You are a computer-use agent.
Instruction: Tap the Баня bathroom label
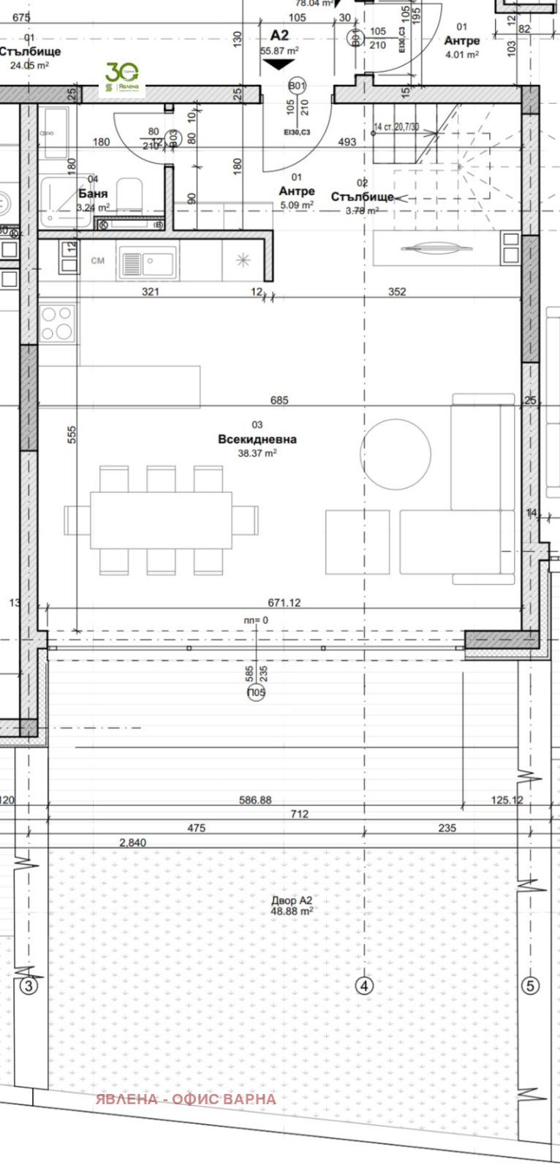[x=93, y=194]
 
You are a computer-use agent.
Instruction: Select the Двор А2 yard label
[x=292, y=900]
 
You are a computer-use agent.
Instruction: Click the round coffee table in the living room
[x=396, y=453]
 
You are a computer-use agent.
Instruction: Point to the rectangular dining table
[x=162, y=520]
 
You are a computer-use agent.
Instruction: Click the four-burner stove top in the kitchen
[x=58, y=322]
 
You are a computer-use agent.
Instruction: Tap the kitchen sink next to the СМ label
[x=149, y=261]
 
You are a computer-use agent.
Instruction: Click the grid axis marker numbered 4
[x=364, y=986]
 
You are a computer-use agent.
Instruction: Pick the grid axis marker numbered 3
[x=29, y=986]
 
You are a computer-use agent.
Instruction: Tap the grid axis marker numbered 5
[x=531, y=986]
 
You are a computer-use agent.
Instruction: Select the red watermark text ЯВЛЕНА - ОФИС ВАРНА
[x=186, y=1099]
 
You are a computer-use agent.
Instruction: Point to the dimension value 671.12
[x=284, y=603]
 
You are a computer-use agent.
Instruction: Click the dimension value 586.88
[x=255, y=800]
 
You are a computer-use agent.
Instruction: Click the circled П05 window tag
[x=257, y=692]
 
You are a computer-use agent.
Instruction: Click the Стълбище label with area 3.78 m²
[x=362, y=197]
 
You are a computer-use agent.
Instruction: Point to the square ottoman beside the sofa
[x=357, y=542]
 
